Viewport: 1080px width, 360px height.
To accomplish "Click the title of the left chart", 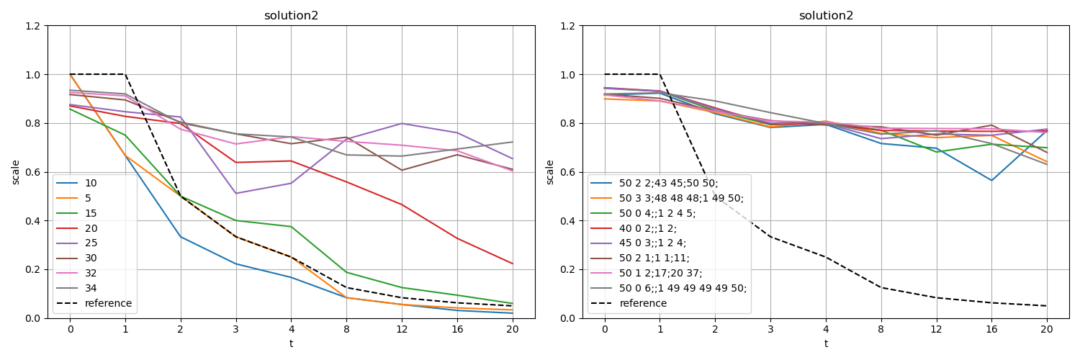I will pyautogui.click(x=291, y=16).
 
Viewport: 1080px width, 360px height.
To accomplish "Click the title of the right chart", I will pyautogui.click(x=826, y=16).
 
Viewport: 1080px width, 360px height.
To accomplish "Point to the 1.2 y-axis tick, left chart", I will pyautogui.click(x=33, y=26).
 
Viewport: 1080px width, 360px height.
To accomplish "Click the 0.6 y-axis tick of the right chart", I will pyautogui.click(x=568, y=172).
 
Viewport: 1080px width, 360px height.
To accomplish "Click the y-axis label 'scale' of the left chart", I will pyautogui.click(x=15, y=172).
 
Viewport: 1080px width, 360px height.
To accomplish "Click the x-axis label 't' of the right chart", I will pyautogui.click(x=826, y=343).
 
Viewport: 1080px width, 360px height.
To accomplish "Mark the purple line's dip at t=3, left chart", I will pyautogui.click(x=235, y=193).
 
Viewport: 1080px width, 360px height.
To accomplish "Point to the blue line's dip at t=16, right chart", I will pyautogui.click(x=991, y=180).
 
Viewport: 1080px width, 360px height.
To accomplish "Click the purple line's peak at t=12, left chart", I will pyautogui.click(x=401, y=123).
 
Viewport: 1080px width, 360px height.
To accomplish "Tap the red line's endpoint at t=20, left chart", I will pyautogui.click(x=512, y=264).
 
